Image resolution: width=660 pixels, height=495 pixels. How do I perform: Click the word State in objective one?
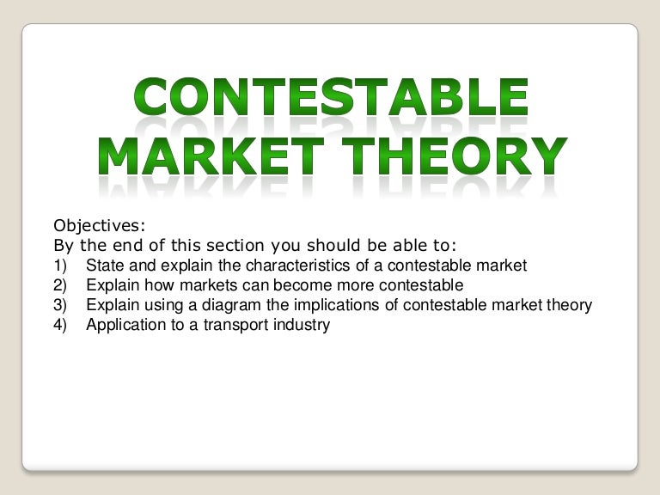click(x=103, y=266)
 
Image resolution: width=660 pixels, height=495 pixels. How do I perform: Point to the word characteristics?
click(x=279, y=266)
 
